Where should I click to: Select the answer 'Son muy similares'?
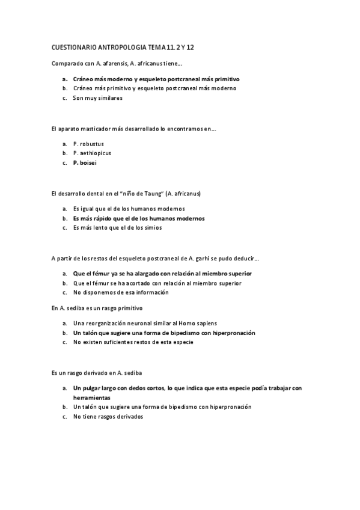coord(97,97)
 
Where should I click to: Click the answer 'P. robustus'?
coord(88,144)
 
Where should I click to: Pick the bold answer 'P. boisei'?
coord(85,162)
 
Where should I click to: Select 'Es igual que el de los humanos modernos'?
coord(129,209)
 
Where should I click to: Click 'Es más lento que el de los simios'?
coord(117,227)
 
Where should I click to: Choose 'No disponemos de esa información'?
coord(121,292)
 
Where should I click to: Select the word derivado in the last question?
coord(93,373)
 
